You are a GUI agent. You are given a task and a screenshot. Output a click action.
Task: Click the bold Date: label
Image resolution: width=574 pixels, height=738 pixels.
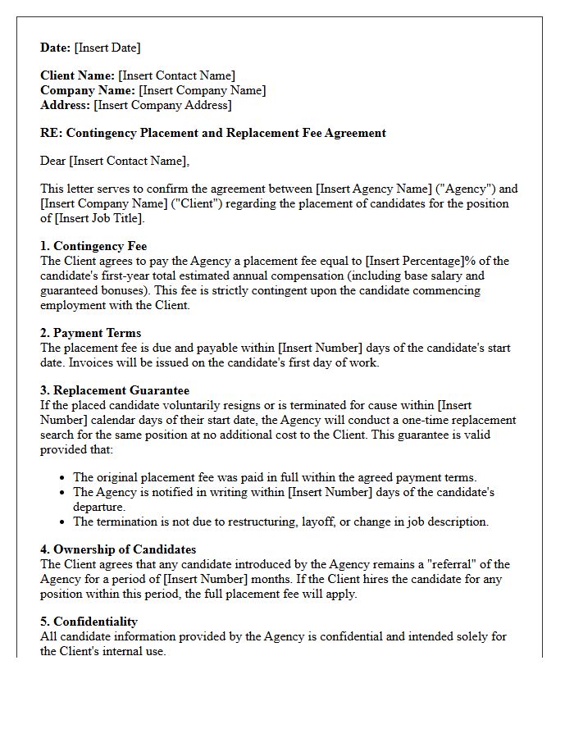[x=56, y=48]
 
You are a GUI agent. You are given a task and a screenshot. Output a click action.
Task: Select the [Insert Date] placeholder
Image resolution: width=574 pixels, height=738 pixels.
[x=107, y=48]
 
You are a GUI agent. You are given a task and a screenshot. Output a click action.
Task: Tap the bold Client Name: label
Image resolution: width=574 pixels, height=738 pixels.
[x=78, y=75]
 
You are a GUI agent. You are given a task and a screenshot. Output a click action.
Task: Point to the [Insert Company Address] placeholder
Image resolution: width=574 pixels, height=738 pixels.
[x=162, y=105]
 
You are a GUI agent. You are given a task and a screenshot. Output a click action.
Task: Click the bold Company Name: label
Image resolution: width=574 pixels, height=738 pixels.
[x=88, y=90]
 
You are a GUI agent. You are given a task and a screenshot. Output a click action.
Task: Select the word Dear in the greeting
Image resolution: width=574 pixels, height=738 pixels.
[x=53, y=161]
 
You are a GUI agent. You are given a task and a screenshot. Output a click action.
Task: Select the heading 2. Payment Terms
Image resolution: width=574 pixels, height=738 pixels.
[x=90, y=333]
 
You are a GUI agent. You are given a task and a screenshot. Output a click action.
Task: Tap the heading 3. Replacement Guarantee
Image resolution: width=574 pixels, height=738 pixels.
[x=115, y=390]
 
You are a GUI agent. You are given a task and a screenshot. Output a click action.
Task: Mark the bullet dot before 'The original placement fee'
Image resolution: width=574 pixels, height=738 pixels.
[x=63, y=477]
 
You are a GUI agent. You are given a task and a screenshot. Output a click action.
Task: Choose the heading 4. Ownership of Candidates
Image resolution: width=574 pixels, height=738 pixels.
[x=118, y=549]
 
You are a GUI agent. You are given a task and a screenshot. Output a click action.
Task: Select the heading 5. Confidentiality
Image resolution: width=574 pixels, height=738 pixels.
[x=89, y=622]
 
